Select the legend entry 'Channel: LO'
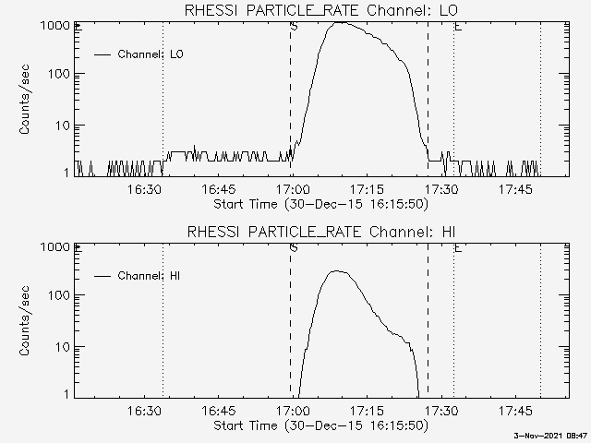coord(151,54)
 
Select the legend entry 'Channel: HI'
coord(150,276)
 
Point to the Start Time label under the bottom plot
coord(319,425)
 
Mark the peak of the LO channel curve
coord(342,22)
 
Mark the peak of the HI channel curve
coord(338,271)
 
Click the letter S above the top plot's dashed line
coord(294,27)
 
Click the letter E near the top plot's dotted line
coord(458,27)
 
